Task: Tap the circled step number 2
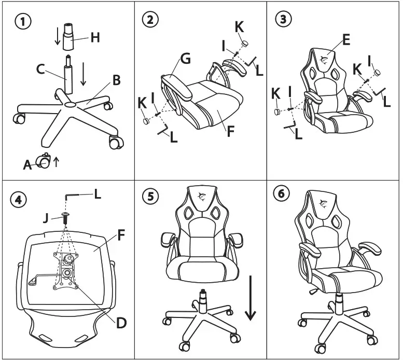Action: tap(149, 20)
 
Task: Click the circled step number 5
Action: tap(149, 198)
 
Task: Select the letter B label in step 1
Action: tap(116, 80)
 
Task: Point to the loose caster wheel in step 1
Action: tap(43, 161)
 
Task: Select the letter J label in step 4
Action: tap(45, 218)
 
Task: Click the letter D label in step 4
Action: tap(121, 323)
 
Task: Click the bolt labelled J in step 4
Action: tap(65, 217)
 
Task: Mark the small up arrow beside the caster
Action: tap(57, 161)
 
